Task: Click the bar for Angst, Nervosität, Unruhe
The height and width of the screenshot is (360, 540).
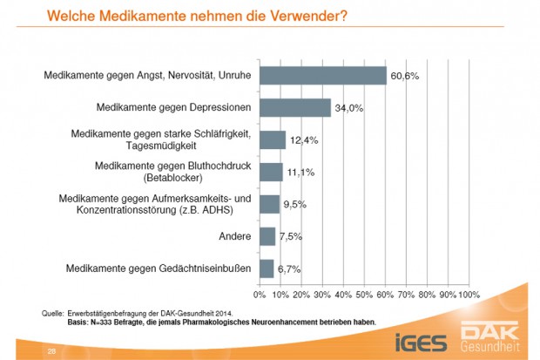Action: coord(322,76)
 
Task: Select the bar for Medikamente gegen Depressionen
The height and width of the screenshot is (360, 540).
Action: coord(294,108)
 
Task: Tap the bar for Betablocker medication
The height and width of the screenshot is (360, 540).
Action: coord(271,172)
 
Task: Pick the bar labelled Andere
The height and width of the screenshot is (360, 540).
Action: coord(267,236)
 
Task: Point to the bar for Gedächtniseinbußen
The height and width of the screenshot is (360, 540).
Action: coord(266,268)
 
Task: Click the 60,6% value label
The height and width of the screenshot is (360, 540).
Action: coord(405,77)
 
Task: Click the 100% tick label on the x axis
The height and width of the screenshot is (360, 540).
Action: coord(469,295)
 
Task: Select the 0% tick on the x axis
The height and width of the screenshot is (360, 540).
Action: coord(260,295)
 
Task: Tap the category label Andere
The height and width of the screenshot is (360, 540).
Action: coord(235,236)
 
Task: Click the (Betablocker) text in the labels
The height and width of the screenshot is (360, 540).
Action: coord(220,178)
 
